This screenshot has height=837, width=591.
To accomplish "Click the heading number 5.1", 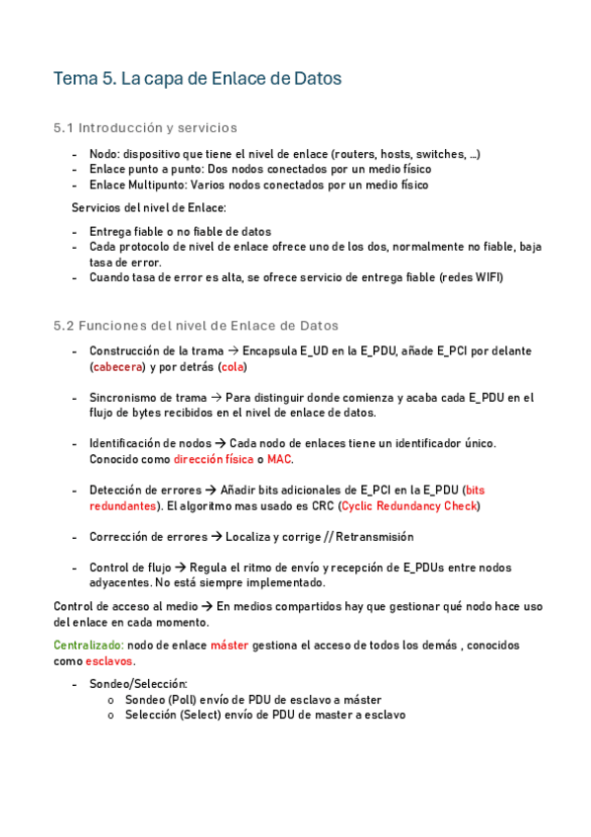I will tap(63, 128).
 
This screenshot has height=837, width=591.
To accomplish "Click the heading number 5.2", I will tap(63, 325).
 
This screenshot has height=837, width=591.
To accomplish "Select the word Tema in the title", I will tap(75, 80).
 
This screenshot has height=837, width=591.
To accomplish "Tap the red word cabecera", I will tap(117, 366).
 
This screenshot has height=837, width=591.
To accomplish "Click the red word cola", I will tap(232, 366).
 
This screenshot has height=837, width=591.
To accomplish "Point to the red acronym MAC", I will tap(279, 459).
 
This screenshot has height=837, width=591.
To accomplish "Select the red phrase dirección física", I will tap(213, 459).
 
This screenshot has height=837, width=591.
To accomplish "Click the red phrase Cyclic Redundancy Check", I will tap(408, 505).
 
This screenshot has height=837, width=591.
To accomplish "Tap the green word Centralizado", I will tap(88, 645).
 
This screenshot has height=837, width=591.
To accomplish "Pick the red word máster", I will tap(229, 645).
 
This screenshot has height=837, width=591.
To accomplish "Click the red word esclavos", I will tap(109, 660).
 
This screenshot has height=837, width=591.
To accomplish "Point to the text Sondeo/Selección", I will tap(138, 683).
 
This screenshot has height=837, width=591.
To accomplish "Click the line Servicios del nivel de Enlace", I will tap(149, 207).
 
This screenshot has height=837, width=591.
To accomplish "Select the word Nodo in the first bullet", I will tap(103, 154).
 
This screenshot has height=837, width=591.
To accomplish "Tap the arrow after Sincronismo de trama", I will tap(216, 398).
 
